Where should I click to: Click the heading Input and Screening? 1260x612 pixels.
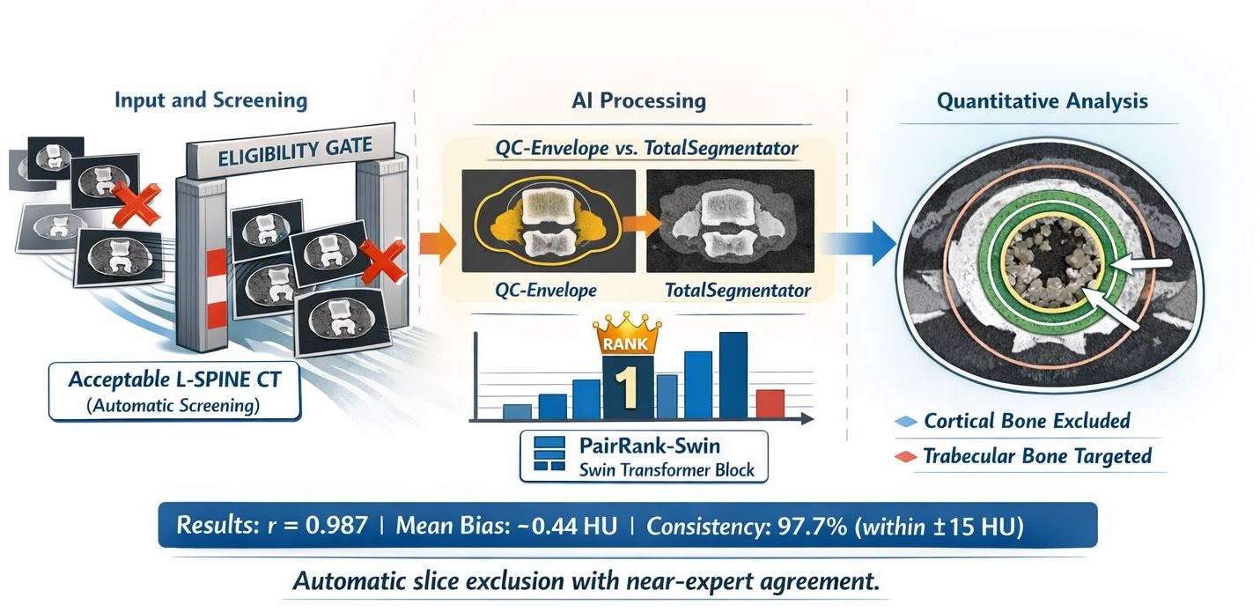tap(211, 100)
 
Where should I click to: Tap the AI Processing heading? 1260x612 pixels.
tap(638, 100)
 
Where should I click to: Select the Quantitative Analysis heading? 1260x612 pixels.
tap(1043, 100)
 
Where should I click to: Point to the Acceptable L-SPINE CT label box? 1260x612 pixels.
tap(174, 392)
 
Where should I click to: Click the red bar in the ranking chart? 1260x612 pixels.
tap(770, 404)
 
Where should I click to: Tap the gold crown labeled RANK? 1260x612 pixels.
tap(626, 335)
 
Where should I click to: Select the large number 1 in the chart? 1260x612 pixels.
tap(625, 387)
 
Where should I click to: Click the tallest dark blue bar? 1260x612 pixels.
tap(733, 375)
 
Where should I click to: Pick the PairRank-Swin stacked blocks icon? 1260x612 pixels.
tap(549, 453)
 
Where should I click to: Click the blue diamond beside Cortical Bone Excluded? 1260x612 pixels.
tap(906, 421)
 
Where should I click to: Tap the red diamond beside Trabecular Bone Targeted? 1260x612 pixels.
tap(906, 456)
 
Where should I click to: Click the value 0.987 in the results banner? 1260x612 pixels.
tap(337, 526)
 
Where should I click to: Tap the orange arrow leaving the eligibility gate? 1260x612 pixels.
tap(438, 244)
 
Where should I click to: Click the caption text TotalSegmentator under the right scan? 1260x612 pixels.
tap(738, 291)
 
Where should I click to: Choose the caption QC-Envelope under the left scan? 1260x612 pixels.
tap(546, 291)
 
